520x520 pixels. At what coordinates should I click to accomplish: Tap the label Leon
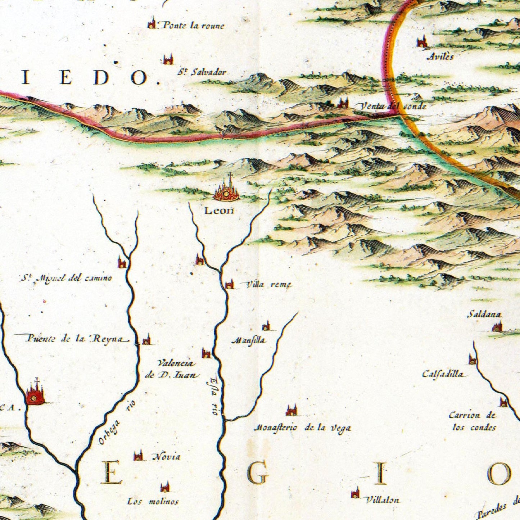pos(219,211)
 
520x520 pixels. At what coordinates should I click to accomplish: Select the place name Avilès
pos(440,56)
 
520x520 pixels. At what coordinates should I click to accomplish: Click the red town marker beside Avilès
pos(422,42)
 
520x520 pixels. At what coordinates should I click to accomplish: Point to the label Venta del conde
pos(393,106)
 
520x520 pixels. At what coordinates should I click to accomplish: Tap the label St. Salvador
pos(202,72)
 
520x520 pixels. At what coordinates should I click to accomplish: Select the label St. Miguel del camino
pos(66,278)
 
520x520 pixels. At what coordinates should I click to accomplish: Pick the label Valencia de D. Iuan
pos(173,369)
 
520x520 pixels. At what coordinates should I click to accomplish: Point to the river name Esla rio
pos(215,395)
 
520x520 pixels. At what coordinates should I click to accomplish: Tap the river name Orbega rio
pos(116,422)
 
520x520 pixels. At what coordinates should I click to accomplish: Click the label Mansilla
pos(249,340)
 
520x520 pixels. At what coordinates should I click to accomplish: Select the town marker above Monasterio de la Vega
pos(291,410)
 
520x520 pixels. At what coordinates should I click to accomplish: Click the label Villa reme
pos(268,285)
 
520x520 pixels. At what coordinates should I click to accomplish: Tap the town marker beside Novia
pos(138,456)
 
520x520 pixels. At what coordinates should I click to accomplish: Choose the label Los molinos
pos(153,501)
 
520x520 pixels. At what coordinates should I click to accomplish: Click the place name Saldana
pos(484,315)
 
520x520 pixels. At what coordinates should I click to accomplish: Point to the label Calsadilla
pos(443,374)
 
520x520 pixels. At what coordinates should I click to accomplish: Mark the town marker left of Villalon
pos(355,493)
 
